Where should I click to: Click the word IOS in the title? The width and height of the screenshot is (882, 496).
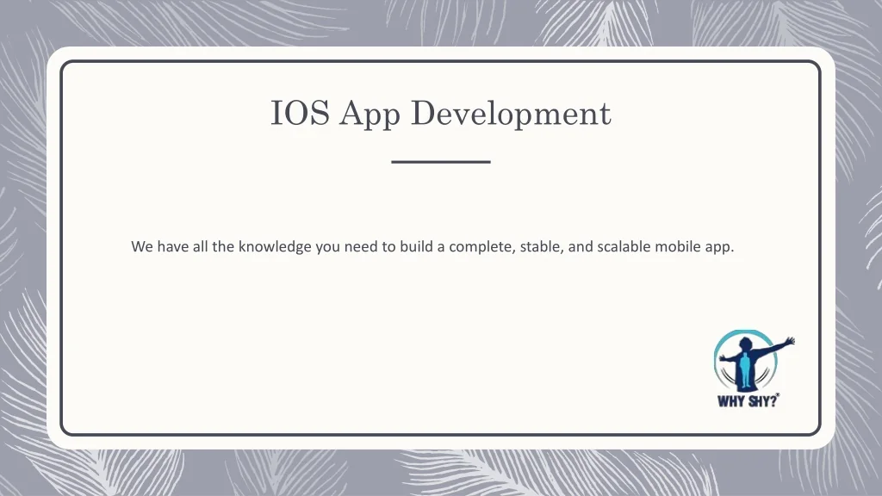pyautogui.click(x=300, y=113)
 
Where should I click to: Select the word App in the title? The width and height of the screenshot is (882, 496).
pyautogui.click(x=370, y=115)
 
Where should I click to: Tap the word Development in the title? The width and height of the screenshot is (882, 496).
pyautogui.click(x=511, y=115)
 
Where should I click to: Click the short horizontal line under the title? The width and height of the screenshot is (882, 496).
pyautogui.click(x=441, y=162)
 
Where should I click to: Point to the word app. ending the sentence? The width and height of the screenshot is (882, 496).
pyautogui.click(x=720, y=248)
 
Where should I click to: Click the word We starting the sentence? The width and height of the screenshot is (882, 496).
pyautogui.click(x=142, y=246)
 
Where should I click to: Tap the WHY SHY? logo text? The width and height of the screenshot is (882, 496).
pyautogui.click(x=748, y=400)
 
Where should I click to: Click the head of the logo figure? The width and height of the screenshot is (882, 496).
pyautogui.click(x=746, y=344)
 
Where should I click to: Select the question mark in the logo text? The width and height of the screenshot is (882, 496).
pyautogui.click(x=773, y=400)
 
